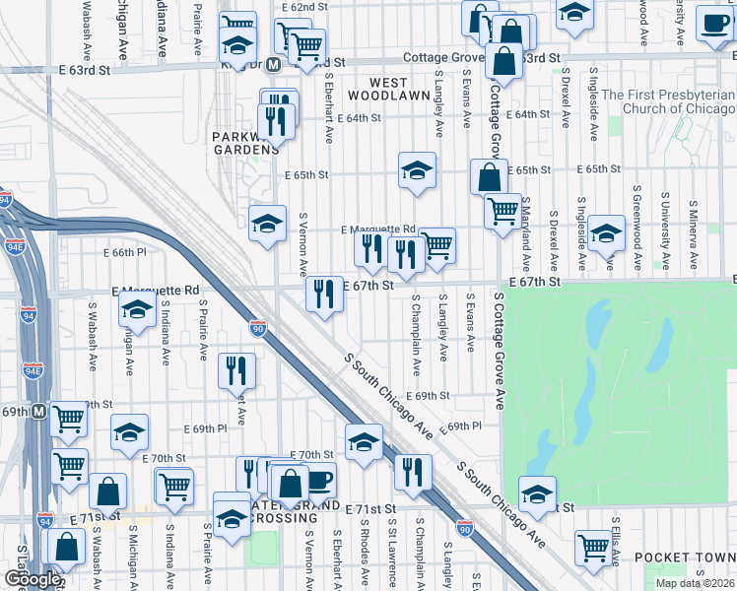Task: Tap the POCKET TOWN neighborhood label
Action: coord(685,557)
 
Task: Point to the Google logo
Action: coord(32,580)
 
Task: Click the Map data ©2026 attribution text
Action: coord(696,583)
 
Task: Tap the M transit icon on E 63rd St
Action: coord(275,64)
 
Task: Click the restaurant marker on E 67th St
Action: coord(324,292)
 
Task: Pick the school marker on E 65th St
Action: coord(417,169)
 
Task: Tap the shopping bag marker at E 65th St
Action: coord(490,177)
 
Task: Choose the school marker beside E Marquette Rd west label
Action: coord(137,311)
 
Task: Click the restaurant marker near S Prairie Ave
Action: coord(235,369)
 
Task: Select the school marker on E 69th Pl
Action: coord(129,431)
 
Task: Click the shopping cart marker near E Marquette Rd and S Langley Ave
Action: coord(437,244)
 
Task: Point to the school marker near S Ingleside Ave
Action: coord(607,232)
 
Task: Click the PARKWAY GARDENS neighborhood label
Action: coord(245,142)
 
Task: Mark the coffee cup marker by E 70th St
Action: coord(317,481)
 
